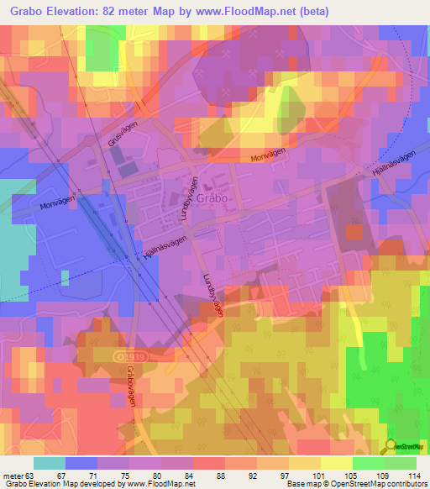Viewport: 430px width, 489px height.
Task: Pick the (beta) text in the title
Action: [x=311, y=12]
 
